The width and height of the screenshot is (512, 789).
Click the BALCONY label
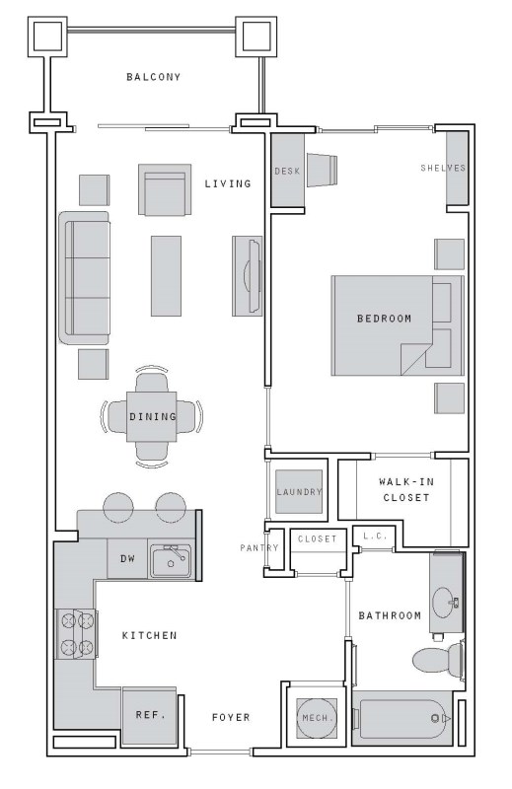(154, 77)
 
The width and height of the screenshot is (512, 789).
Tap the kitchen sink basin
(172, 560)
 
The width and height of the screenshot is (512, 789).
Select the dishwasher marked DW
(127, 558)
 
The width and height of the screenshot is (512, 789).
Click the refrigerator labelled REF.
(150, 715)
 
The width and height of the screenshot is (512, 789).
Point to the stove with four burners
(76, 633)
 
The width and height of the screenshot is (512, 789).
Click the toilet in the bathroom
(438, 659)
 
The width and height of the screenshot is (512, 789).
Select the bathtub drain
(435, 719)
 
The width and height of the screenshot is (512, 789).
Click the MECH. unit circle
(317, 718)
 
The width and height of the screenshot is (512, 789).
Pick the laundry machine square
(299, 491)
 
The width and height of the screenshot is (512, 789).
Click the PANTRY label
(259, 547)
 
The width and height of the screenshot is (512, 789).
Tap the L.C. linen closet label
(376, 537)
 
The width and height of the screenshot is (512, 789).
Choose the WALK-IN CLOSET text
(406, 489)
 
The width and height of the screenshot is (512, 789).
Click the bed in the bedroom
(398, 325)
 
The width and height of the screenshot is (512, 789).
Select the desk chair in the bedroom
(322, 170)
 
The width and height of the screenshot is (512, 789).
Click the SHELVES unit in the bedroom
(457, 168)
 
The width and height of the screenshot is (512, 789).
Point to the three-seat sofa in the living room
(84, 278)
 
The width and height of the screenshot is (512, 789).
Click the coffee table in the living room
(166, 276)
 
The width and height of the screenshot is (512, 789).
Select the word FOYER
(231, 717)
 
